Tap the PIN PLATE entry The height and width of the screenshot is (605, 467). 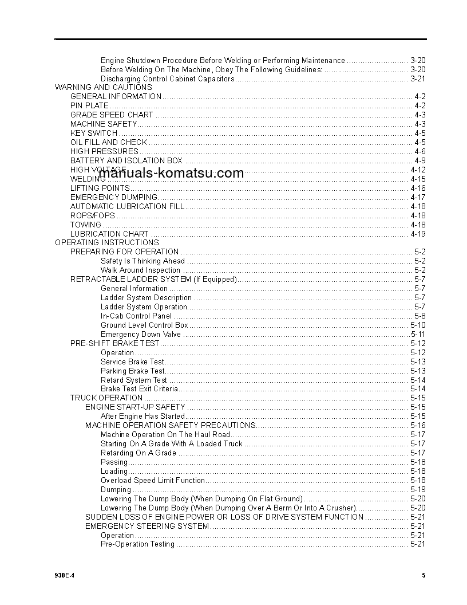pos(89,105)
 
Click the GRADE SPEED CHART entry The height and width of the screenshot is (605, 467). pos(112,115)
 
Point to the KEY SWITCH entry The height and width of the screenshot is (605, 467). pos(94,133)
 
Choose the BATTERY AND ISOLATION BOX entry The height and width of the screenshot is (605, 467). pos(126,160)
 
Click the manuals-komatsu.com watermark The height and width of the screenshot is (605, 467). pos(171,173)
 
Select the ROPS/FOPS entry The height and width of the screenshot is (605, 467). pos(93,215)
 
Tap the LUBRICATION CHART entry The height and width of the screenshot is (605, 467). pos(109,234)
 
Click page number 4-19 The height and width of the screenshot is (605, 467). pos(418,234)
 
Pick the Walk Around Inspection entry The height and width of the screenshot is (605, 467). pos(140,270)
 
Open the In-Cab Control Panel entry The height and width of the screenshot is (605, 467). pos(136,316)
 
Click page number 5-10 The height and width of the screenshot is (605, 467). pos(418,325)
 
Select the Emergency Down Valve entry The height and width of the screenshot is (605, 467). pos(141,334)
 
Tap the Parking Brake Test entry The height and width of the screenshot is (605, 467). pos(133,371)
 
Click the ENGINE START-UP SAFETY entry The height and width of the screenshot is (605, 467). pos(136,407)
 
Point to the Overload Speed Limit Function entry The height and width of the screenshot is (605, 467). pos(153,480)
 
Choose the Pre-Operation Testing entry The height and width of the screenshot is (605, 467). pos(137,544)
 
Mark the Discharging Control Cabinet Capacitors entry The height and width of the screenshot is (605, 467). pos(168,78)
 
